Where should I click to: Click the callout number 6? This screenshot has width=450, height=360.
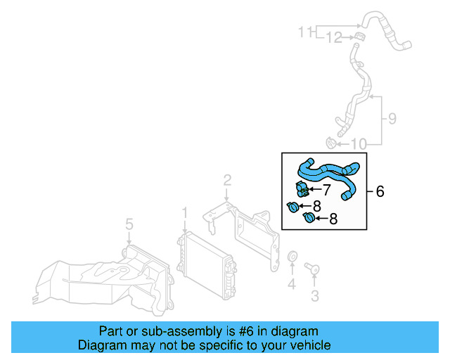point(380,191)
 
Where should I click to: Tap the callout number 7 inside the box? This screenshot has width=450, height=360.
point(326,189)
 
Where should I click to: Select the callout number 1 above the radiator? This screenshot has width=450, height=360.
point(184,212)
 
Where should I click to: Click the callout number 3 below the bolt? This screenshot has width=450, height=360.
point(129,224)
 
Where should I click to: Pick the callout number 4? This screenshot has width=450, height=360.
point(291,284)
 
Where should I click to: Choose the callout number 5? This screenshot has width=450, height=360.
point(129,224)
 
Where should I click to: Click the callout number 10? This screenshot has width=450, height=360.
point(359,145)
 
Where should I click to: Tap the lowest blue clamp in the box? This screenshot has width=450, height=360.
point(308,219)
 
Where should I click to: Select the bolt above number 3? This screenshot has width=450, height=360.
point(312,268)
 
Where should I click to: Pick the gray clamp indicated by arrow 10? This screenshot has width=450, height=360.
point(331,144)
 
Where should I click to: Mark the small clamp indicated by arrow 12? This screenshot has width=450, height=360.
point(359,36)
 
